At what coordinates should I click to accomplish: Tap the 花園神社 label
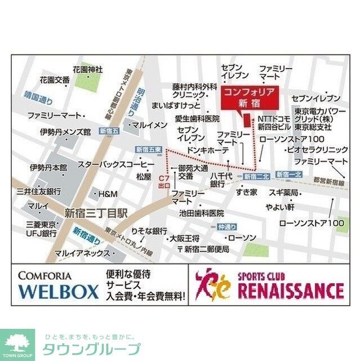coord(87,69)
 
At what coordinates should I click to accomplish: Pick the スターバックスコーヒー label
coord(116,164)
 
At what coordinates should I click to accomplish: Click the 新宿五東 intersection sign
coord(149,149)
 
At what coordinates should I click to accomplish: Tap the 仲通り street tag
coord(225,227)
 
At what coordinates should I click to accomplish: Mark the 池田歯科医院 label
coord(202,213)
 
